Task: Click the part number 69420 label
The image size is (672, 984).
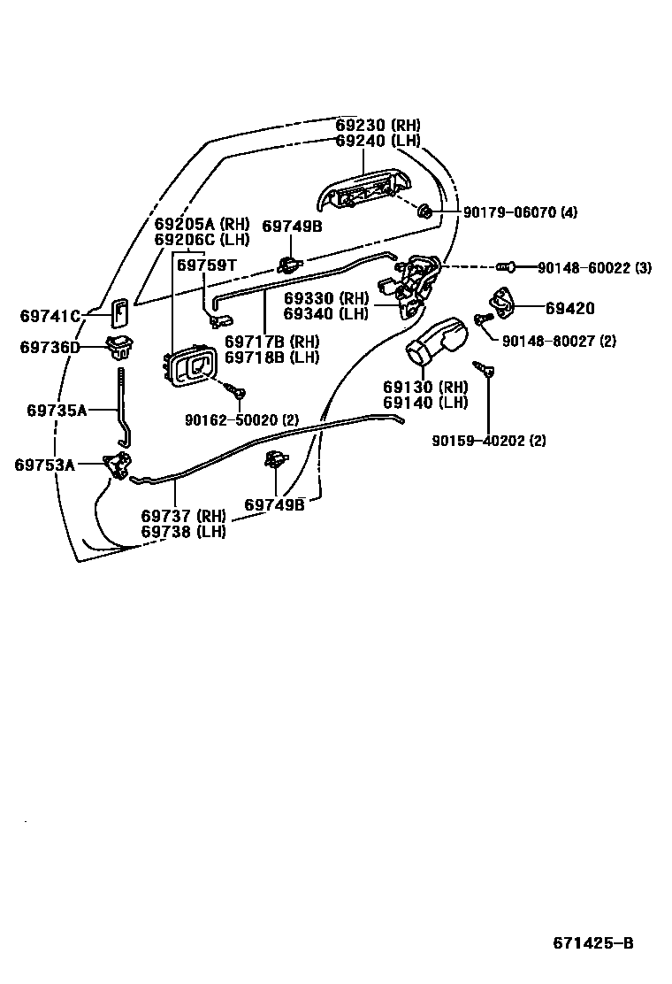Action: coord(569,309)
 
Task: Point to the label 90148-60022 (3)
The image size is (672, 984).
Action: coord(594,267)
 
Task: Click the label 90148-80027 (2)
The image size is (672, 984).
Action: coord(559,341)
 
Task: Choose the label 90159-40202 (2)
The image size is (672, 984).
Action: coord(489,441)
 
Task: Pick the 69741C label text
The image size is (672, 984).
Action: coord(50,315)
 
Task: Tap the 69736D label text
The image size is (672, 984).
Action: coord(50,348)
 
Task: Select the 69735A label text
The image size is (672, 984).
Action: coord(57,410)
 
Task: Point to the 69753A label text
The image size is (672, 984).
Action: coord(44,464)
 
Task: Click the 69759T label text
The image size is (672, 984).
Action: coord(206,265)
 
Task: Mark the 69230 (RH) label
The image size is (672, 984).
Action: coord(378,125)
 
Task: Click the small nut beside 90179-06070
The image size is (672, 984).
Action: coord(424,211)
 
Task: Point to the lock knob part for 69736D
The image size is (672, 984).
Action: coord(118,346)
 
